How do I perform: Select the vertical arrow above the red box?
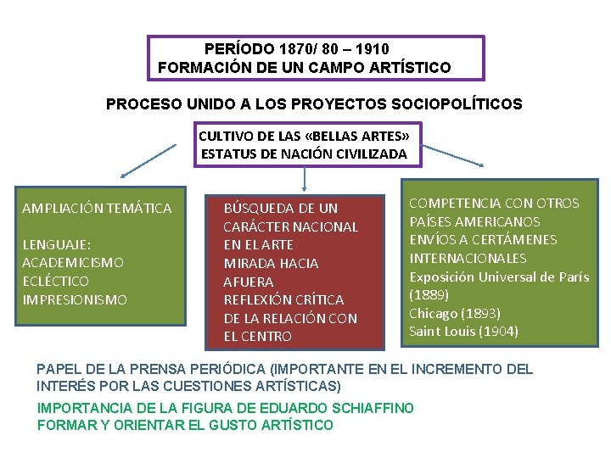(305, 178)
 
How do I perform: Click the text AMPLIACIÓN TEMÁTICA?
(97, 208)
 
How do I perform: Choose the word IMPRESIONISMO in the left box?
(75, 299)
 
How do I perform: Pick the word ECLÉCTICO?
(55, 281)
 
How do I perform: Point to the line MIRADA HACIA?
(271, 263)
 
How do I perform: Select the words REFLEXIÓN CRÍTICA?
(283, 299)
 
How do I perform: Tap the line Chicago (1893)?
(455, 313)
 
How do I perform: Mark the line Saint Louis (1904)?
(463, 332)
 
